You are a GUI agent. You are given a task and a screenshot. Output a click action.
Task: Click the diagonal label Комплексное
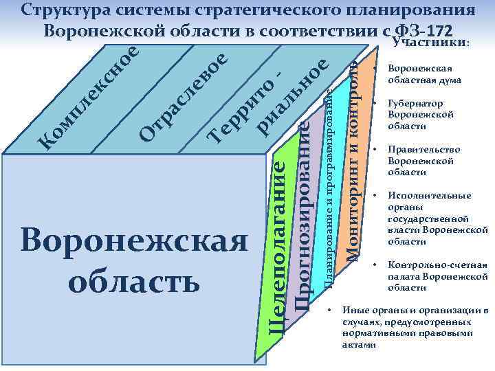pos(89,96)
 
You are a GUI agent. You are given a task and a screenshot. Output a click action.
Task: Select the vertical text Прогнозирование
pos(302,220)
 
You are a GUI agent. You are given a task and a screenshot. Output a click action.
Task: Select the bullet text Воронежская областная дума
pos(423,75)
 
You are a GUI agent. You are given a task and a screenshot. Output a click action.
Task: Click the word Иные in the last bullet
pos(354,311)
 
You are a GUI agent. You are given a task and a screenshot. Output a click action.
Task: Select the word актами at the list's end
pos(357,344)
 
